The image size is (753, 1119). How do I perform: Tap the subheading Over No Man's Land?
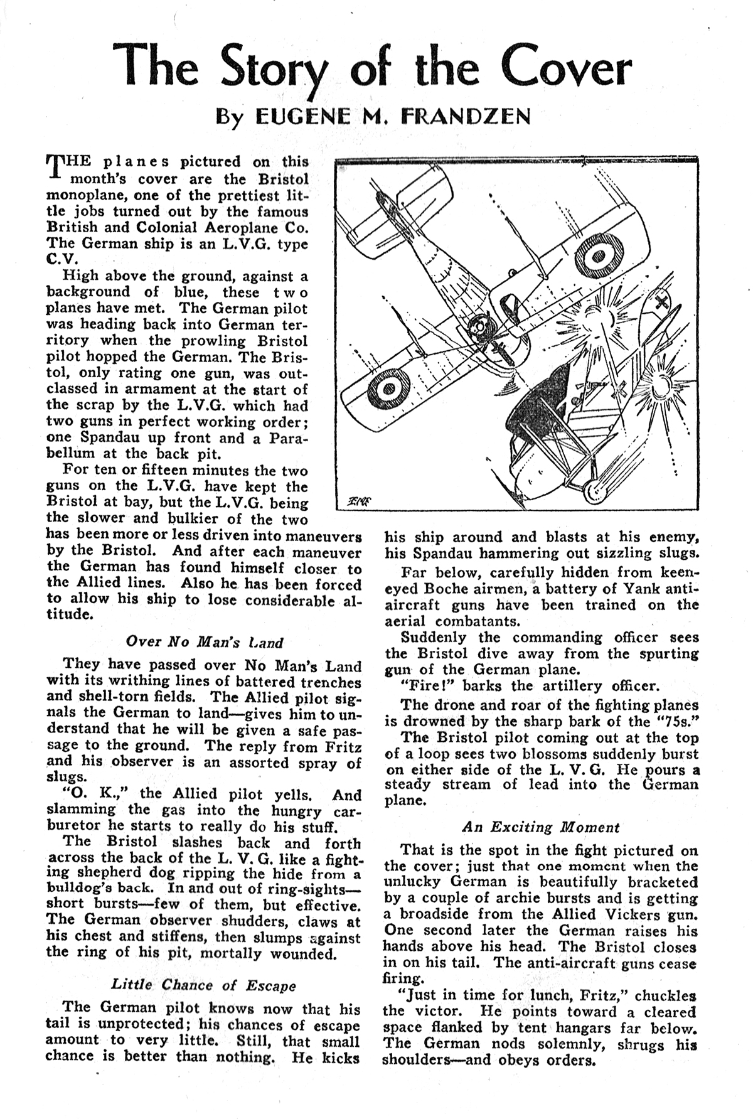[204, 642]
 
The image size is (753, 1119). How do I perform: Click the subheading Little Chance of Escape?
[203, 985]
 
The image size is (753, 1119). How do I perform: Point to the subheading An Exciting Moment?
[541, 827]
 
